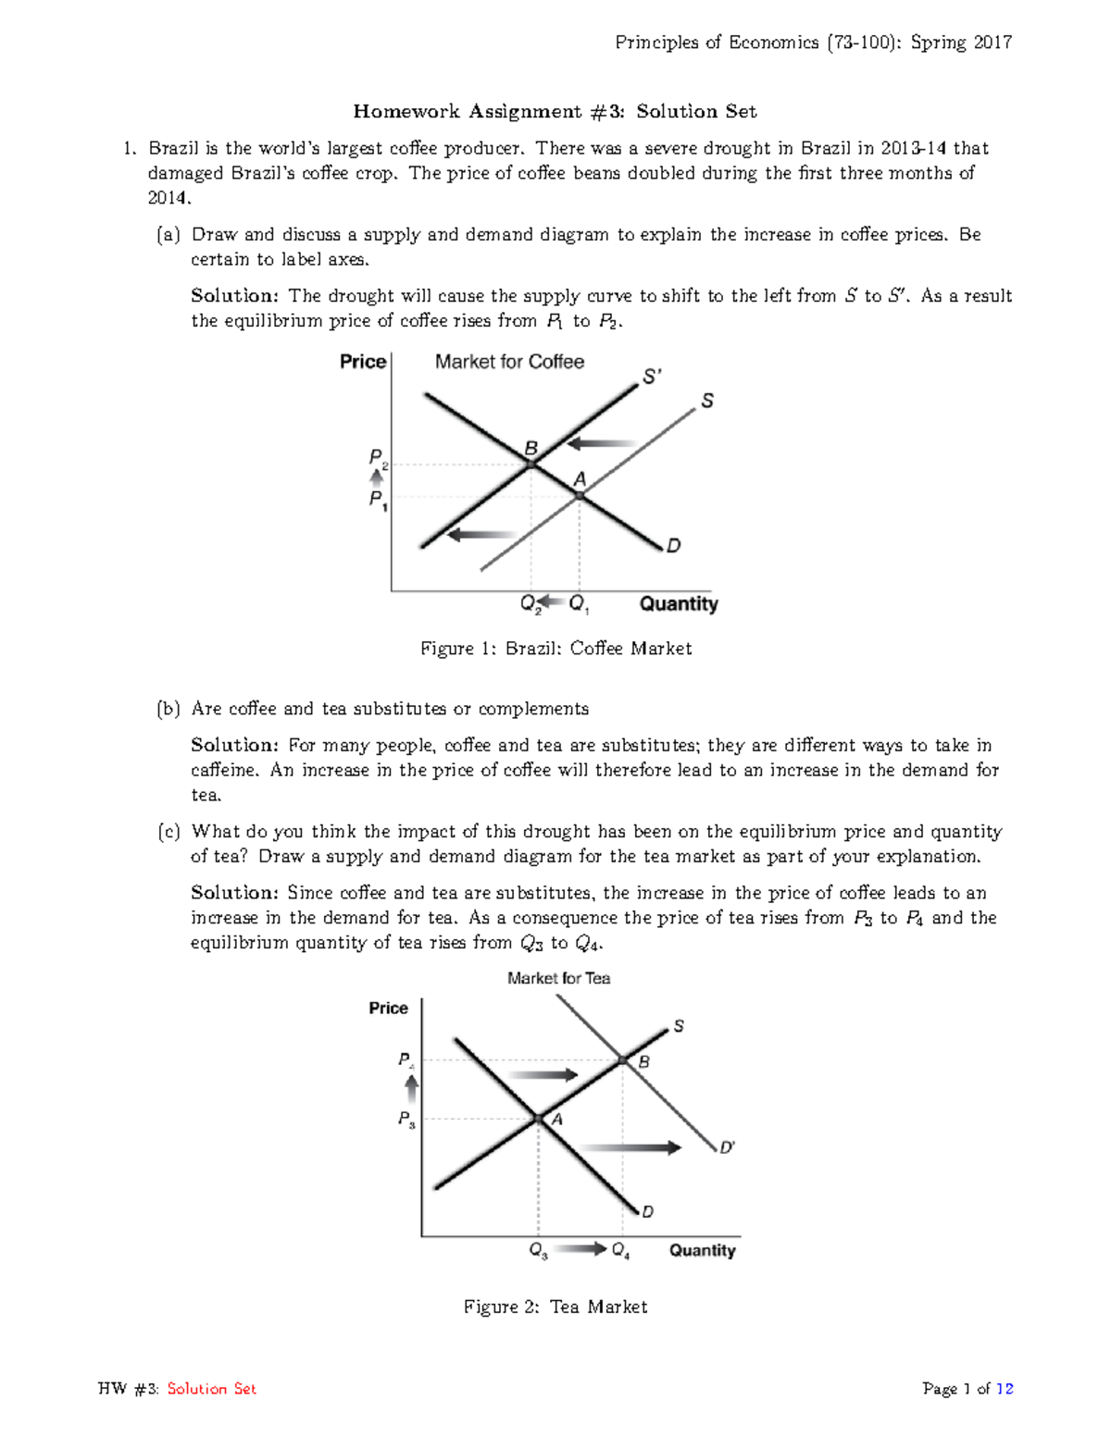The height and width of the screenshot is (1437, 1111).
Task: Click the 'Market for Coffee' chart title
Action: click(509, 362)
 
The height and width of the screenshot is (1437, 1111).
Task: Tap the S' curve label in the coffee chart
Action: click(652, 377)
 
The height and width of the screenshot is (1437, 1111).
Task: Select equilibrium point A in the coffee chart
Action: click(580, 496)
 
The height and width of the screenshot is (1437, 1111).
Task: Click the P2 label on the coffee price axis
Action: click(378, 458)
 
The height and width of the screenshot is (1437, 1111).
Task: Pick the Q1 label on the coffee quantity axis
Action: click(579, 604)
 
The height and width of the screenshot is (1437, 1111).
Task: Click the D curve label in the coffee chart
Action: click(674, 546)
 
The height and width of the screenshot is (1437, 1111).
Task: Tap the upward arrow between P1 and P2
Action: click(377, 478)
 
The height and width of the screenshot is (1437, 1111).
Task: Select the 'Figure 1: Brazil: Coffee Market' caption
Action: click(555, 649)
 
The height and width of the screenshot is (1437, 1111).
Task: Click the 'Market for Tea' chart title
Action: click(558, 978)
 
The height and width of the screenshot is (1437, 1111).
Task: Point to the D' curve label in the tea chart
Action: click(727, 1147)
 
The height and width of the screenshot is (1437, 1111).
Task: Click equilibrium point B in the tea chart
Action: click(623, 1060)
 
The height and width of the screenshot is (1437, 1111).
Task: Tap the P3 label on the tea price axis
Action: click(406, 1120)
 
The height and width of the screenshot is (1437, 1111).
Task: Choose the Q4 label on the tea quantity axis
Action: click(620, 1251)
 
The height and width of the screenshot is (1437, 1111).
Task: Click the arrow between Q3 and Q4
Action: click(580, 1249)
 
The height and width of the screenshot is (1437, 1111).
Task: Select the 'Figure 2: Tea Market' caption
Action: click(555, 1307)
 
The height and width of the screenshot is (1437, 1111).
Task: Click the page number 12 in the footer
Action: click(1004, 1388)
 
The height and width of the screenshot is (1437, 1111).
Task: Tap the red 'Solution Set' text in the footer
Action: click(211, 1388)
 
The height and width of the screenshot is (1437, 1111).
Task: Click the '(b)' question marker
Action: click(168, 709)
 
